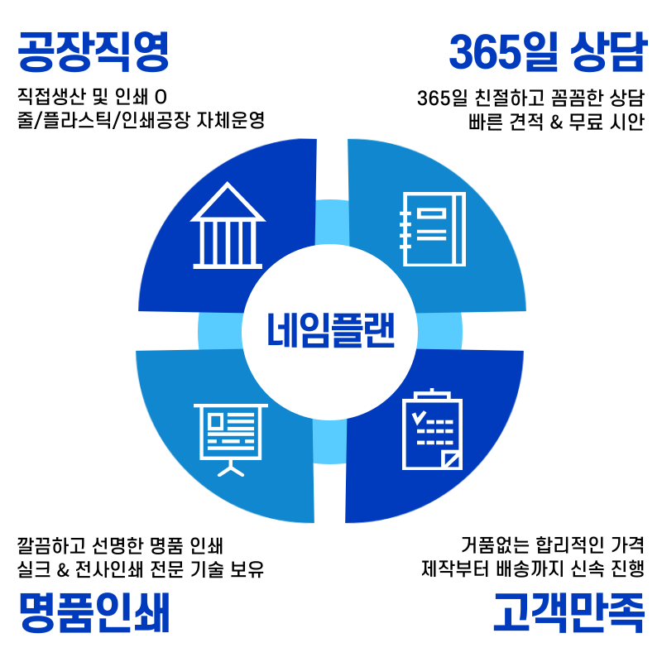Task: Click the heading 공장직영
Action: (x=94, y=52)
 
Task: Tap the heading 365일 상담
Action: (x=546, y=52)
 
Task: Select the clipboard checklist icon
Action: (x=433, y=431)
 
